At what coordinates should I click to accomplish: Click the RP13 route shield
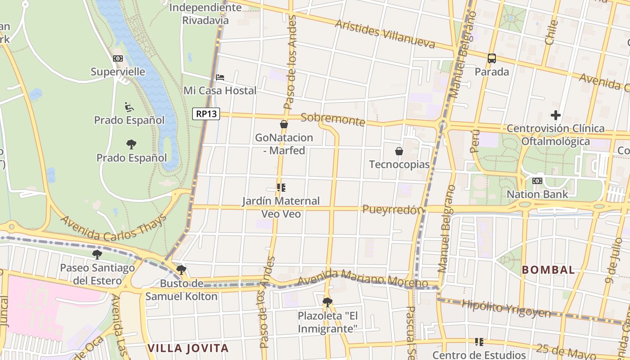pos(207,114)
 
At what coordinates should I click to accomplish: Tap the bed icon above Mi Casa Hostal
pos(220,77)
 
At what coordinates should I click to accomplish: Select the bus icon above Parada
pos(492,58)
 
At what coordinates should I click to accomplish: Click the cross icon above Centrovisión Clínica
pos(556,115)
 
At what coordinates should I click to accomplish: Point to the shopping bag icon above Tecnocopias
pos(399,151)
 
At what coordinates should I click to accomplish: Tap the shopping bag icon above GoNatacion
pos(284,124)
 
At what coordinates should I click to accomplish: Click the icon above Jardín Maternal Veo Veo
pos(281,188)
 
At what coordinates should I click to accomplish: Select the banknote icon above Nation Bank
pos(537,181)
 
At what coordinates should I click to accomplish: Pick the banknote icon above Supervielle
pos(118,58)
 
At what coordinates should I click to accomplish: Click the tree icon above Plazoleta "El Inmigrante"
pos(328,302)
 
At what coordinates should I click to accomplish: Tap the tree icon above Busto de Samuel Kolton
pos(181,270)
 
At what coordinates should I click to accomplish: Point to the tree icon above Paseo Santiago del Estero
pos(97,255)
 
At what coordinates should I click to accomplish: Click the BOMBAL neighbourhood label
pos(548,270)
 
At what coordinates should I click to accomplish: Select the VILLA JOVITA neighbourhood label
pos(188,348)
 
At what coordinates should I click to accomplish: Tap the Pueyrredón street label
pos(393,209)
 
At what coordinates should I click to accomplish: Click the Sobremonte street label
pos(333,120)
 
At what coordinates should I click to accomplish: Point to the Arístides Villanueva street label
pos(385,34)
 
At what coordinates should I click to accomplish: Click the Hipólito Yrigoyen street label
pos(506,308)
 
